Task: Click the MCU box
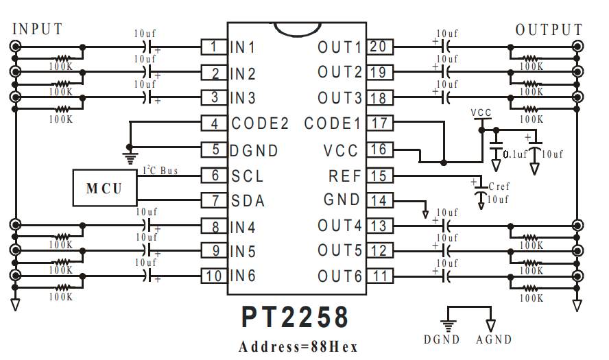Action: pos(104,188)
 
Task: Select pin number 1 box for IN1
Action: pos(214,47)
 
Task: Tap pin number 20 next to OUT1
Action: pos(378,47)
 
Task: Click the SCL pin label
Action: pos(247,176)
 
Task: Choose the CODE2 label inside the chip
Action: pos(260,124)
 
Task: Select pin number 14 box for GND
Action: pos(378,200)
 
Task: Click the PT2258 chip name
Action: pos(295,317)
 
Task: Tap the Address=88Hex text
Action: pos(298,346)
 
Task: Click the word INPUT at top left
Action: pos(38,29)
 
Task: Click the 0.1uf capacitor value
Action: pos(515,154)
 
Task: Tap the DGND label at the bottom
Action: pos(442,339)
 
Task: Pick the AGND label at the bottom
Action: pos(494,339)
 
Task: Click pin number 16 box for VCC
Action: pos(378,149)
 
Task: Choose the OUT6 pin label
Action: pos(339,276)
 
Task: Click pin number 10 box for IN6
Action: pos(214,276)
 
